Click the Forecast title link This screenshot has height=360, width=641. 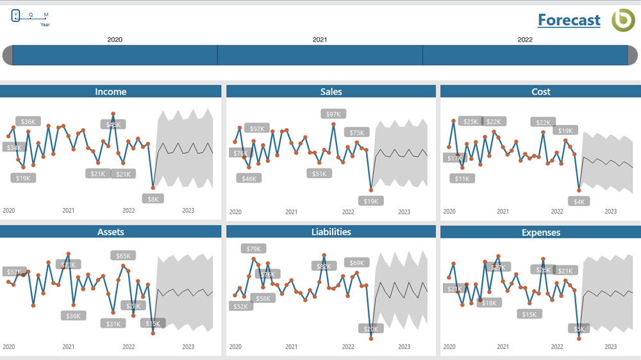point(569,20)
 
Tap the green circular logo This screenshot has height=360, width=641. point(622,20)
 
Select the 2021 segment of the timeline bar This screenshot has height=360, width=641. point(320,55)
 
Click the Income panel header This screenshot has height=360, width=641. point(111,92)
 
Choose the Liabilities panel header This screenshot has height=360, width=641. point(331,232)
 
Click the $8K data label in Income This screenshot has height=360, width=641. point(153,199)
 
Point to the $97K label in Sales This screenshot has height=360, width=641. point(333,114)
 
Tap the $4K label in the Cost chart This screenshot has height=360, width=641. point(579,201)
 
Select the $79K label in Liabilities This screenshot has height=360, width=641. point(254,249)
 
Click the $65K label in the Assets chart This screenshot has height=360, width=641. point(122,256)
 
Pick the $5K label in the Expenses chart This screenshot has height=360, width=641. point(579,329)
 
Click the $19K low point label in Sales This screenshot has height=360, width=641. point(371,201)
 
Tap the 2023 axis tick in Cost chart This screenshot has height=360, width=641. point(611,211)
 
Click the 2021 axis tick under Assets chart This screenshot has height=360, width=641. point(69,347)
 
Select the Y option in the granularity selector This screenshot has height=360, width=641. point(16,15)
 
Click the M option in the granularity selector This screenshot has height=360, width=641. point(46,15)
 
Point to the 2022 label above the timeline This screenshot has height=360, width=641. point(525,40)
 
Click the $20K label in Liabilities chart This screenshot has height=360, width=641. point(371,329)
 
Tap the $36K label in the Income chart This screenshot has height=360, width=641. point(28,121)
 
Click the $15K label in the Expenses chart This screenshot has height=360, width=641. point(529,314)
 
